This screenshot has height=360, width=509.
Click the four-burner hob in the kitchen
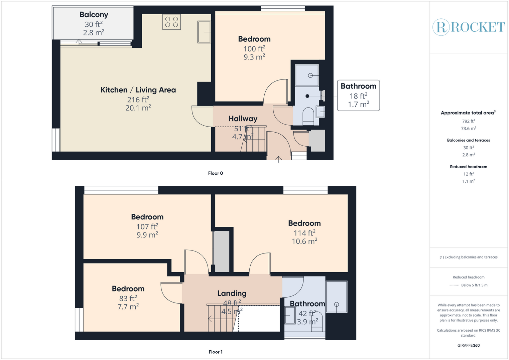[x=171, y=22]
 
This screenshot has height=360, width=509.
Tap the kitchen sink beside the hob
[x=204, y=32]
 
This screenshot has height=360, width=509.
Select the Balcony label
[x=94, y=15]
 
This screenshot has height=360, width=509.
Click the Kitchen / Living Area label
[x=138, y=90]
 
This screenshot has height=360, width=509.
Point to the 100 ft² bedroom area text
[x=254, y=48]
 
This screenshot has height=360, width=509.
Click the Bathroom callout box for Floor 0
[x=358, y=95]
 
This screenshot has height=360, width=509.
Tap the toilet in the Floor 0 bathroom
[x=308, y=116]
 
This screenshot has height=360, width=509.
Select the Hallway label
[x=243, y=119]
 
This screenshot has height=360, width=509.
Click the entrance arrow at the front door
[x=279, y=159]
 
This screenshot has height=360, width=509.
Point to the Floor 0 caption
[x=216, y=173]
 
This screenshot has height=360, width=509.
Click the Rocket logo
[x=469, y=27]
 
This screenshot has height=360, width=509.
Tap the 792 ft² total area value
[x=469, y=121]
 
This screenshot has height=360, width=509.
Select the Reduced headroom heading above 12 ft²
[x=469, y=167]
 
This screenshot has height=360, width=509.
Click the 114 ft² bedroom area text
[x=304, y=233]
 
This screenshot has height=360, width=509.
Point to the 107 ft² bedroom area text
[x=147, y=226]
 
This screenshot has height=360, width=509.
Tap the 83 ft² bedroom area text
[x=128, y=298]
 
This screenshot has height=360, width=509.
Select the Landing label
[x=232, y=293]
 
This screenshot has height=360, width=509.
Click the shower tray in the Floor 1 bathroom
[x=337, y=297]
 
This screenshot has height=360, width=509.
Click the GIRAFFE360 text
[x=469, y=345]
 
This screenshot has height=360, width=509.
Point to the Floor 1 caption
[x=216, y=352]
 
